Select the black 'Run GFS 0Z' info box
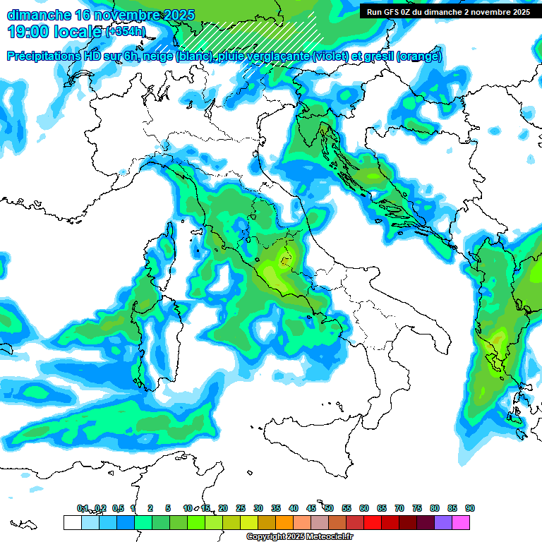448,11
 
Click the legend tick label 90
470,508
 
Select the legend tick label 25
241,508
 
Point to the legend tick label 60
364,508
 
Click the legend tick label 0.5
118,508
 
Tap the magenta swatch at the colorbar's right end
461,522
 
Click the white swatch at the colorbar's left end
72,522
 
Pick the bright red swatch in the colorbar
373,522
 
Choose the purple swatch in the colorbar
443,522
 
